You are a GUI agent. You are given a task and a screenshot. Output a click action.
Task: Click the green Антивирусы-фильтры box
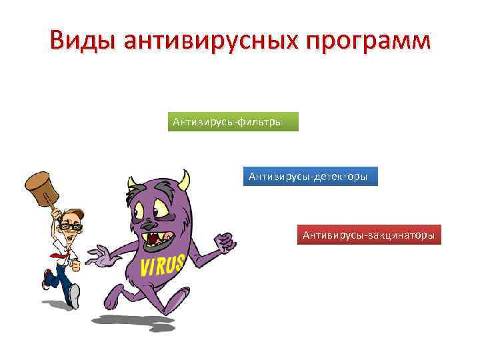click(x=233, y=122)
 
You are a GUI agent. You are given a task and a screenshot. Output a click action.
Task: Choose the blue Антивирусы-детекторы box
click(x=310, y=177)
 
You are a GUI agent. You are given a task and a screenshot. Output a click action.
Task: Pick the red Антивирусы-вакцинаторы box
click(x=369, y=235)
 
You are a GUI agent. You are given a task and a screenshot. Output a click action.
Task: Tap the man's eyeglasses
click(x=69, y=227)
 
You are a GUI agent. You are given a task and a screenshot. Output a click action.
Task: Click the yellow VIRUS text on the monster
click(x=162, y=265)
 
